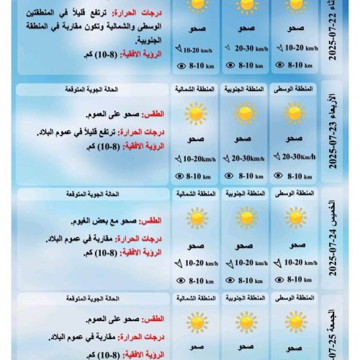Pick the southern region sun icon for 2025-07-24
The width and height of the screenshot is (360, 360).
[x=245, y=217]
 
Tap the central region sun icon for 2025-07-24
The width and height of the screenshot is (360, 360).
[x=294, y=217]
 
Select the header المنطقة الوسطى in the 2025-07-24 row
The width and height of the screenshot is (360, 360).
[x=294, y=194]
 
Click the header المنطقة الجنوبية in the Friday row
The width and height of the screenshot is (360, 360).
[x=245, y=297]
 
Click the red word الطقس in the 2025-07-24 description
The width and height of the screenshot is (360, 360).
[x=155, y=220]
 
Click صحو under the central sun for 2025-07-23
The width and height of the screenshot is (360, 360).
[x=294, y=138]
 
